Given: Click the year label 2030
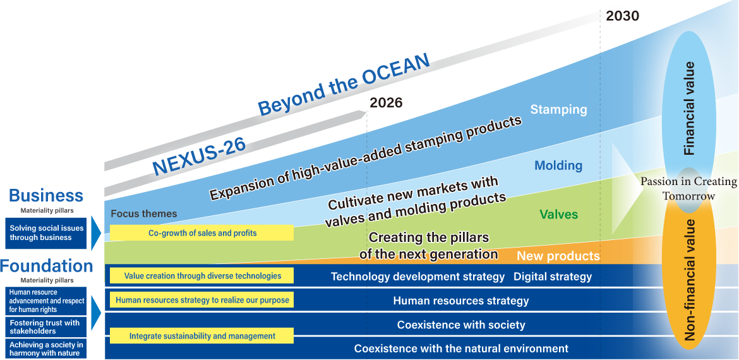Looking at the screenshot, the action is coord(622,16).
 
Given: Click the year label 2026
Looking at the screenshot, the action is coord(386,103).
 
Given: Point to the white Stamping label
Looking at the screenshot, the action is coord(558,110).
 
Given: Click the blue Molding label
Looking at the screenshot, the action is coord(558,165).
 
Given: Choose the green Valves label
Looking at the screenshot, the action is coord(558,214).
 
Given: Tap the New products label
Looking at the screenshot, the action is coord(558,256).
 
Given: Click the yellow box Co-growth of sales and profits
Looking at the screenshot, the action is coord(201,233).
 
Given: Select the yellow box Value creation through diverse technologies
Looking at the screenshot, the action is coord(201,275).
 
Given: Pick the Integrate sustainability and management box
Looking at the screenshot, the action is coord(201,336).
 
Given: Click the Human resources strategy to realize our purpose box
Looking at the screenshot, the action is coord(201,300).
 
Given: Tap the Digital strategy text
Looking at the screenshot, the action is coord(553,277).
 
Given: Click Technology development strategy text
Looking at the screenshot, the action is coord(418,277).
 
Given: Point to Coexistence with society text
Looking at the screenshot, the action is coord(461,325).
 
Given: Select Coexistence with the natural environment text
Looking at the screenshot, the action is coord(461,349).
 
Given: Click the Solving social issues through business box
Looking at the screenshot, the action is coord(46,233).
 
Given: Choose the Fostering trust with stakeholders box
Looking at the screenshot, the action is coord(46,327).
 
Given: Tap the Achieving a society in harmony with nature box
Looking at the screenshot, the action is coord(46,349).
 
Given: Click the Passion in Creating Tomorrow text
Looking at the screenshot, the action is coord(688,188).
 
